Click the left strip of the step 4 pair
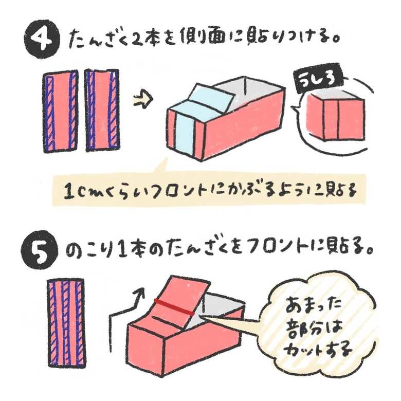click(61, 112)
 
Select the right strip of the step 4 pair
click(102, 110)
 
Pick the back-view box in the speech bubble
click(336, 114)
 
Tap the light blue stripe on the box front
click(184, 132)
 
